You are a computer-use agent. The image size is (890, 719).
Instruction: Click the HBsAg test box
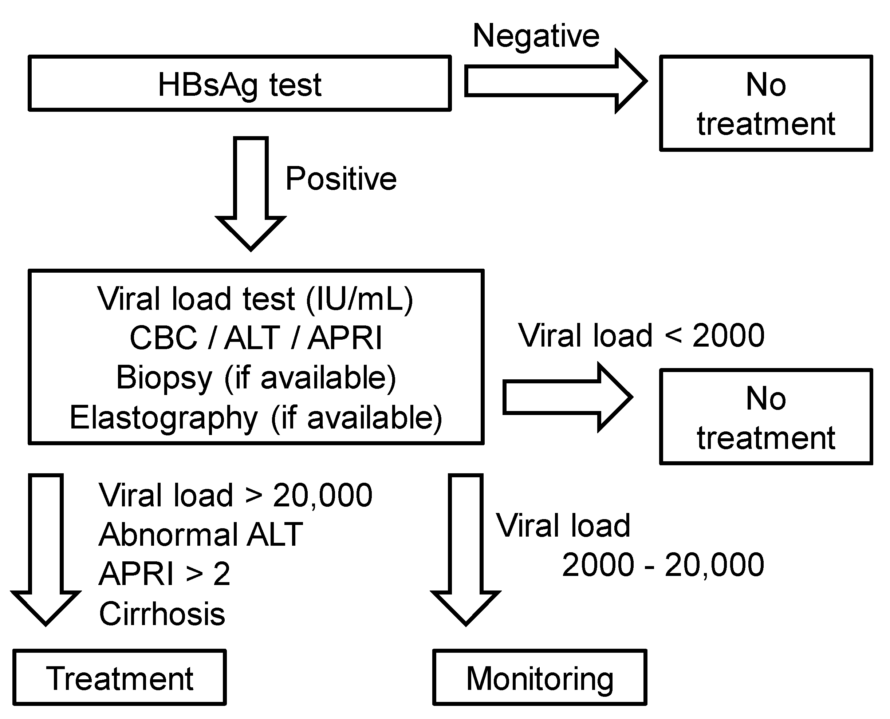click(240, 84)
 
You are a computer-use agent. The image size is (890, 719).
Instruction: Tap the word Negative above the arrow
click(536, 36)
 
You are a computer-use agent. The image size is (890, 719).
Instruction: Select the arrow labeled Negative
click(555, 81)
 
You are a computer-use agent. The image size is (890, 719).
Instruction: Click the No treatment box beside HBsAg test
click(766, 103)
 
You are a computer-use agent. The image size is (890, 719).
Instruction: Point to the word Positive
click(341, 179)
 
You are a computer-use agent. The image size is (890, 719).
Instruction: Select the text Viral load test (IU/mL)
click(255, 299)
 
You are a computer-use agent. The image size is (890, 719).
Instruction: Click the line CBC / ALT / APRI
click(256, 338)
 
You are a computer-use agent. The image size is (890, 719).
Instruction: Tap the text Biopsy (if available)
click(256, 378)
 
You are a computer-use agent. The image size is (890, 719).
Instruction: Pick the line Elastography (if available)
click(256, 418)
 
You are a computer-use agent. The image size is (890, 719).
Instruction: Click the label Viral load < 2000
click(641, 336)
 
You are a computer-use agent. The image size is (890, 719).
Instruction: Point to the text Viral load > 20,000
click(235, 495)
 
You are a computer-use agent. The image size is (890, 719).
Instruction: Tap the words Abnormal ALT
click(201, 535)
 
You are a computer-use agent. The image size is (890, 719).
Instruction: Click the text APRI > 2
click(164, 574)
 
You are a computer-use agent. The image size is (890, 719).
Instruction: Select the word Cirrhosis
click(162, 614)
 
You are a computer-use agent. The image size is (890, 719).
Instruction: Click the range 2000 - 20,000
click(663, 565)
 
